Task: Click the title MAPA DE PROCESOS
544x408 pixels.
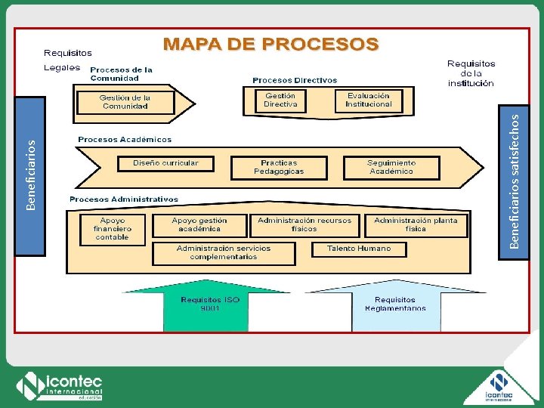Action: tap(271, 45)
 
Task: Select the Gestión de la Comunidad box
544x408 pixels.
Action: tap(125, 102)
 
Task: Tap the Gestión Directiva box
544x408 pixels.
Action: tap(280, 100)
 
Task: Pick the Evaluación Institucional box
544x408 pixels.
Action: tap(369, 100)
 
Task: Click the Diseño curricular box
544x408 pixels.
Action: tap(165, 163)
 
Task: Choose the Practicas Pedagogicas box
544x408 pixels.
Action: tap(279, 167)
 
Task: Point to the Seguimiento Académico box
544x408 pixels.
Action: tap(391, 167)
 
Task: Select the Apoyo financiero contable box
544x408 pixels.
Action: tap(113, 229)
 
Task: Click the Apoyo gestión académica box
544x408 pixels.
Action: tap(200, 225)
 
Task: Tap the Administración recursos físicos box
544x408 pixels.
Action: tap(304, 225)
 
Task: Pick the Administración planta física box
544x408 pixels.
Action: tap(416, 225)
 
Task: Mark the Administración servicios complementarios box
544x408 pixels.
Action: tap(224, 253)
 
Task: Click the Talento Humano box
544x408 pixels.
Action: tap(359, 249)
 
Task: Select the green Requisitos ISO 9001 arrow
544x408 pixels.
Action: tap(206, 306)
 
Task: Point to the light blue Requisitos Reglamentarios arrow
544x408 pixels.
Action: tap(395, 306)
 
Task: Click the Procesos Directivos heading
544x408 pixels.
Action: tap(295, 80)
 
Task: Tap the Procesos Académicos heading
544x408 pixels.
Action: tap(125, 140)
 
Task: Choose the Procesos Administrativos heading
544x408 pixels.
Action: tap(124, 199)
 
